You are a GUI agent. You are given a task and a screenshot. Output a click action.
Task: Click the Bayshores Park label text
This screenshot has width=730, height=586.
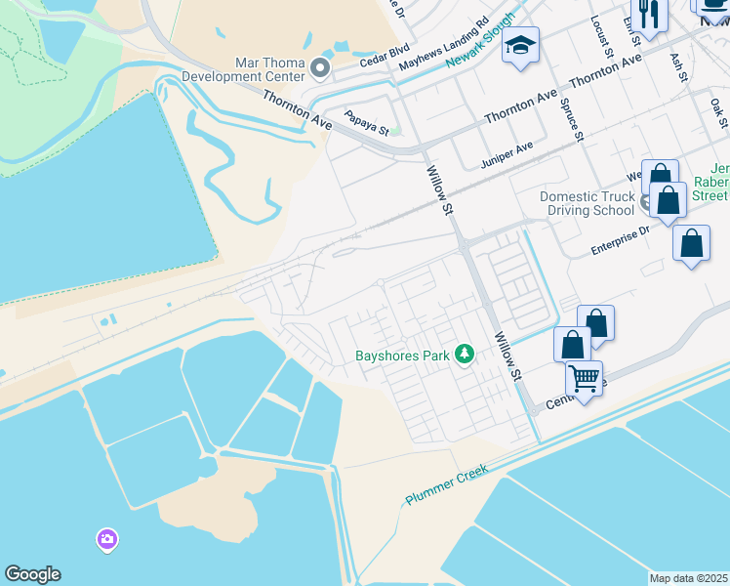pos(402,356)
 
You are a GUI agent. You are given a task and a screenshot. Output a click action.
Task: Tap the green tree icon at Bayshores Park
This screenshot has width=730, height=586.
pos(466,354)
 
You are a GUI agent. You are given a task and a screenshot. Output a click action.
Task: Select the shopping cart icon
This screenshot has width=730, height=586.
pos(584,376)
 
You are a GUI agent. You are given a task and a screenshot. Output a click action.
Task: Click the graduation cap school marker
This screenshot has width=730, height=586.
pos(521,46)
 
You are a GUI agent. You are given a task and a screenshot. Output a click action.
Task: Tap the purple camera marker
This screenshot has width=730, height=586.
pos(106,538)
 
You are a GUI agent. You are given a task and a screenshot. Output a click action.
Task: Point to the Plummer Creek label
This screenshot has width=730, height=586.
pos(447,485)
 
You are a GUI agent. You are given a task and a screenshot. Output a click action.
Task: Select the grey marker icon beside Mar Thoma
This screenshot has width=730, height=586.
pos(319,66)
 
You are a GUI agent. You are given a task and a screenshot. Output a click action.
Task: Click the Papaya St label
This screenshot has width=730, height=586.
pos(368,123)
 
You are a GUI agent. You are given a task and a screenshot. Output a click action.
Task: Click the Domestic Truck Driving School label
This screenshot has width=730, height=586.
pos(587,203)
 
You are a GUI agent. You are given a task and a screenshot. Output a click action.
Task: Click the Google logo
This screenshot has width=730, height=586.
pos(32,574)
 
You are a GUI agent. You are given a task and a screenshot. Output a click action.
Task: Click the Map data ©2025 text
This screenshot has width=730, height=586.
pos(688,578)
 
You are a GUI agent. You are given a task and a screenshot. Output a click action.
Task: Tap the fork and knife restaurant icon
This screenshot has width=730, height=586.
pos(648,15)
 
